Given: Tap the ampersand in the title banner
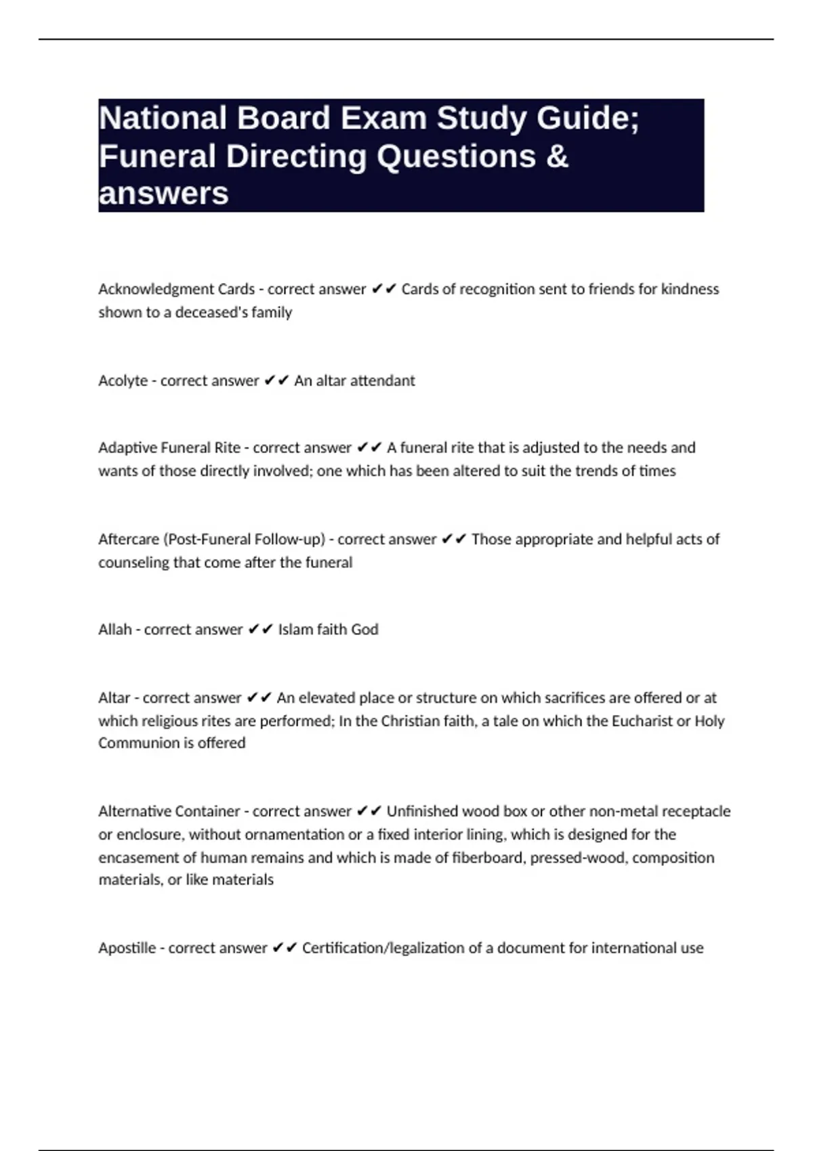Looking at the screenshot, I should pyautogui.click(x=556, y=156).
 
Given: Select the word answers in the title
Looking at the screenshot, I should pyautogui.click(x=163, y=194).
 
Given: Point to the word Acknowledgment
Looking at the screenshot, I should pyautogui.click(x=156, y=289).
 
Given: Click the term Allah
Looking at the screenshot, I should pyautogui.click(x=114, y=630).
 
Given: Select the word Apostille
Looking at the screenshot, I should pyautogui.click(x=127, y=948).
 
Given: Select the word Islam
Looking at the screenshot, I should pyautogui.click(x=295, y=630).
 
